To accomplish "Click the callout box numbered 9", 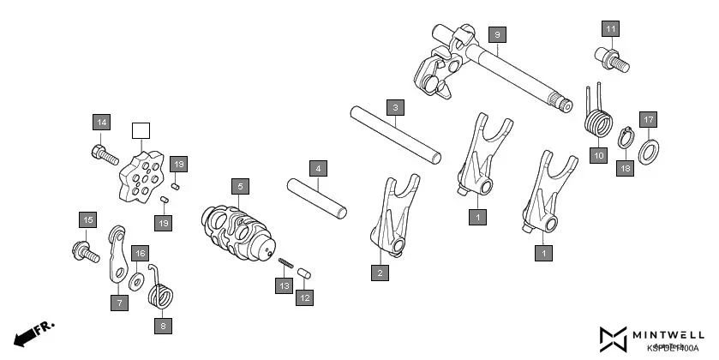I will [x=496, y=34].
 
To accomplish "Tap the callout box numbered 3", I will [x=394, y=108].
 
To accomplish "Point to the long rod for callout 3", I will [x=396, y=134].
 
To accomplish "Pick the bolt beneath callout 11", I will [x=611, y=59].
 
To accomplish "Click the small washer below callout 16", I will [x=136, y=281].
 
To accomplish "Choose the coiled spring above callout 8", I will [x=161, y=292].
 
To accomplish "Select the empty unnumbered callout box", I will [x=140, y=131].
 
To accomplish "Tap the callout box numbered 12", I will [x=304, y=297].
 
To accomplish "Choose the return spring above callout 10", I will [x=597, y=116].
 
